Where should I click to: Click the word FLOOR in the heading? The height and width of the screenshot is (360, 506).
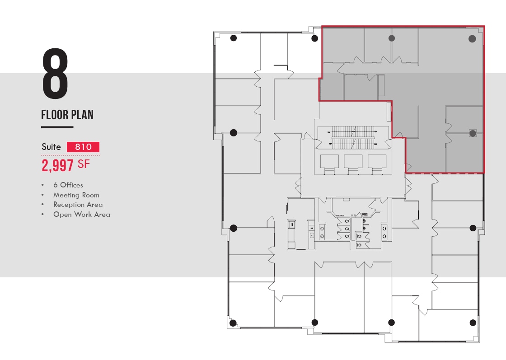pos(54,115)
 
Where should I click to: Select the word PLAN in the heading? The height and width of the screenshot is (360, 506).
pos(81,115)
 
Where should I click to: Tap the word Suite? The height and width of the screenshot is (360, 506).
pos(51,147)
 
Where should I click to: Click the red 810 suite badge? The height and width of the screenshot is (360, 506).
pos(83,147)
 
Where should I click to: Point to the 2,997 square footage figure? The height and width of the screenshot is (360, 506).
pos(57,165)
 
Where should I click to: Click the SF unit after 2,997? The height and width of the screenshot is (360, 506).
pos(84,164)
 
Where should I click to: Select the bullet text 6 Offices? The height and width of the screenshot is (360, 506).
pos(68,185)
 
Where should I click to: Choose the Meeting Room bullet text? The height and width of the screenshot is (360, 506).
pos(76,195)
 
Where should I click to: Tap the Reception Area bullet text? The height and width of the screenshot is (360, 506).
pos(78,205)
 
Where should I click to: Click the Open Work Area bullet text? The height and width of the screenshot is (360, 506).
pos(81,215)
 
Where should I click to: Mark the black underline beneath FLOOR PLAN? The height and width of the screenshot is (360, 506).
pos(57,127)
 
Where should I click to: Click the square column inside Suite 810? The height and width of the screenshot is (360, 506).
pos(473,133)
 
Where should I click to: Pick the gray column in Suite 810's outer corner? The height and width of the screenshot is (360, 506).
pos(472,39)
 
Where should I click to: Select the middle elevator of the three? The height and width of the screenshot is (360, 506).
pos(353,162)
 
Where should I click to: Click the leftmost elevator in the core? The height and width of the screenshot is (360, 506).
pos(329,162)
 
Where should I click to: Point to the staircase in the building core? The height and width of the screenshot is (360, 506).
pos(352,137)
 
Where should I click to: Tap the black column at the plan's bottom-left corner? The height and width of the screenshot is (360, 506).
pos(233,323)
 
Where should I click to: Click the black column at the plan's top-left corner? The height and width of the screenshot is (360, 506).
pos(234,38)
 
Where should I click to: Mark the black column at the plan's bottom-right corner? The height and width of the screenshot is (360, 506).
pos(473,323)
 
